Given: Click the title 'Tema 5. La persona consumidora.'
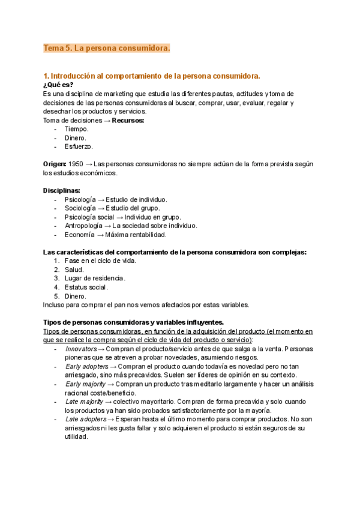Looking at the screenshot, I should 107,48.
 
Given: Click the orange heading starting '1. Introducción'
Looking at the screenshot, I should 152,76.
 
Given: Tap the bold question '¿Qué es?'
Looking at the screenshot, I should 58,85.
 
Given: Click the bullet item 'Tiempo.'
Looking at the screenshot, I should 76,129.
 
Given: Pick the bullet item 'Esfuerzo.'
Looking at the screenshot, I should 79,146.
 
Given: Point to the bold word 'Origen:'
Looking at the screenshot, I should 55,164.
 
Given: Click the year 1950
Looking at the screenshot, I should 76,164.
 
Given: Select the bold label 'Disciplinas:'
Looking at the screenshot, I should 62,190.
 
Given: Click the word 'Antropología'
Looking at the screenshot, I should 83,226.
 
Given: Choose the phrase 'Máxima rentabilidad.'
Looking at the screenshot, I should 137,235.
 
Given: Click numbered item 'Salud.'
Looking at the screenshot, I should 74,270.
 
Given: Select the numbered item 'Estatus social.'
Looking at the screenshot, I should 86,287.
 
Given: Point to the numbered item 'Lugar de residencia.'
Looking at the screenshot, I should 95,279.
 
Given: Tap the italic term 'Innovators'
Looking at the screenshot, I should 80,349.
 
